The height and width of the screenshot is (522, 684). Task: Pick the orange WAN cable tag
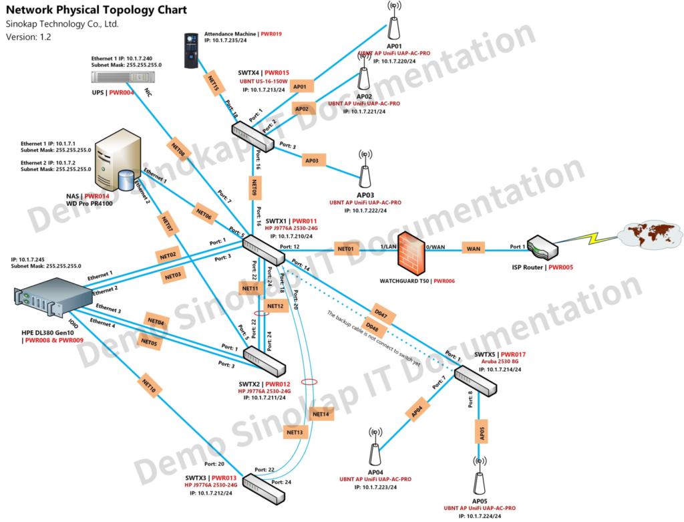(x=474, y=249)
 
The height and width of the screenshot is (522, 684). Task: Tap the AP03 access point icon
(x=365, y=171)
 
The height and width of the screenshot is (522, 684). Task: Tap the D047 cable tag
(x=381, y=313)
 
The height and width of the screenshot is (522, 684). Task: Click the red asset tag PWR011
(x=305, y=221)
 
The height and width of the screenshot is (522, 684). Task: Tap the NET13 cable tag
(x=295, y=432)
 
